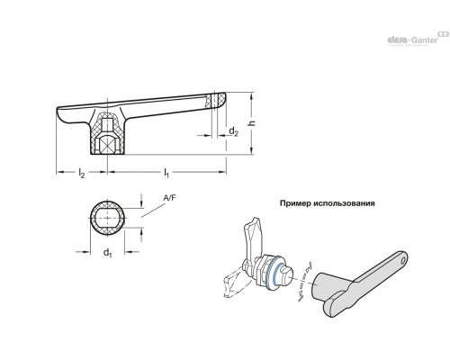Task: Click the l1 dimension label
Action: [166, 171]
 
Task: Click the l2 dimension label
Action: [81, 171]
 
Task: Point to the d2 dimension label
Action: [232, 131]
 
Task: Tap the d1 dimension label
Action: [106, 251]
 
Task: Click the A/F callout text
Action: [169, 198]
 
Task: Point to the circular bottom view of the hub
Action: [106, 219]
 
